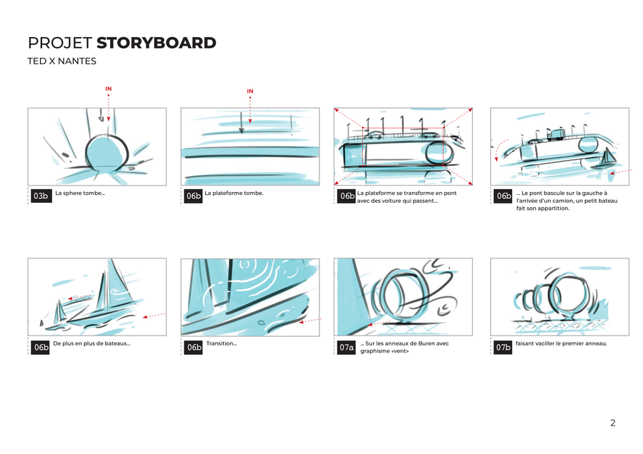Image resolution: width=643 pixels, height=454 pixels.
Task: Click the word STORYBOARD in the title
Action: (156, 43)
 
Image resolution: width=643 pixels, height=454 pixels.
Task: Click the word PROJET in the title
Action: (59, 43)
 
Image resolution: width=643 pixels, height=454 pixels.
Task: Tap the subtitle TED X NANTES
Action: (61, 61)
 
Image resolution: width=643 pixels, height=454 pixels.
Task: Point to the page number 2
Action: (612, 423)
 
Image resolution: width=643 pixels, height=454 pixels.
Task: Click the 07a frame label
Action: (347, 348)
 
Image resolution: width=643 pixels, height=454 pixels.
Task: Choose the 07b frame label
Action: (503, 348)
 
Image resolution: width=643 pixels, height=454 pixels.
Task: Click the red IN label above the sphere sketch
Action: (109, 89)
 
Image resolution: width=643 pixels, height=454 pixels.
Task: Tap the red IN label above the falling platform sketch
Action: (250, 91)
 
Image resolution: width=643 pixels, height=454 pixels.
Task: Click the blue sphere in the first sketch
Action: (105, 153)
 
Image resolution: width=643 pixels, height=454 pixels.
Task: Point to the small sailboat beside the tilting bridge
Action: (608, 158)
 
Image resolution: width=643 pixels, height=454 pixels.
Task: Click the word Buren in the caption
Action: (425, 343)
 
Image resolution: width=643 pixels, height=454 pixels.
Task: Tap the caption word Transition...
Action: (220, 343)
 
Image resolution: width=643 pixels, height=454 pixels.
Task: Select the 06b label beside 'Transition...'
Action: (194, 348)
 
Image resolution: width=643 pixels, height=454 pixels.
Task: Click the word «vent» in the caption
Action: (402, 351)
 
